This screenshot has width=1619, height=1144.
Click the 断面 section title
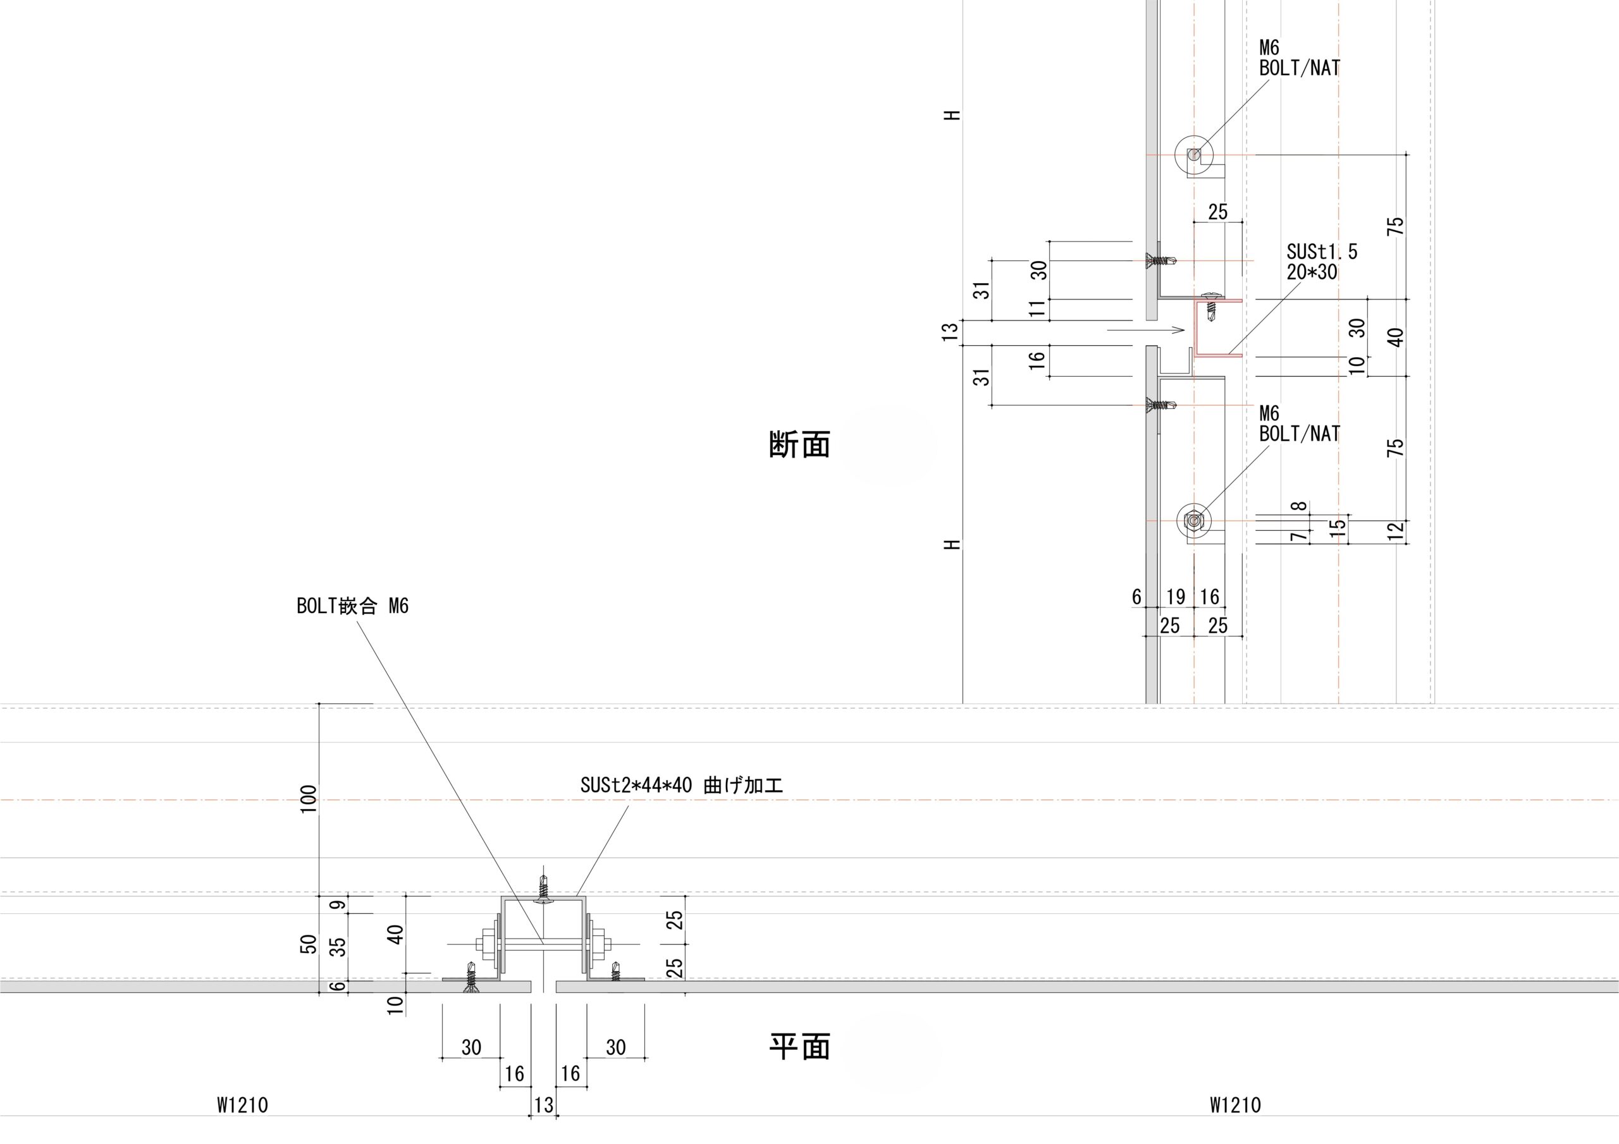pos(799,445)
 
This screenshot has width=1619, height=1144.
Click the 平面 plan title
pos(799,1047)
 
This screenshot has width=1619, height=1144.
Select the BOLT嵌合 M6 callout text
pos(352,606)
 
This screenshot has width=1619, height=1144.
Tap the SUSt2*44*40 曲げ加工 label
pos(681,786)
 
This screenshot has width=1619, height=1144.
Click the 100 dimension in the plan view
pos(309,800)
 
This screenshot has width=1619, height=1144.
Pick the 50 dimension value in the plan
pos(309,944)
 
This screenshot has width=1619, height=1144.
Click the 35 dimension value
pos(339,946)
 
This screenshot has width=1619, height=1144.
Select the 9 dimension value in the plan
pos(339,904)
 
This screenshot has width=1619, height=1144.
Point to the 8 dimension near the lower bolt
pos(1300,506)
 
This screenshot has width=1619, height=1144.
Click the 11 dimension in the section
pos(1037,308)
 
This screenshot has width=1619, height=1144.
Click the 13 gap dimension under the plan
pos(544,1105)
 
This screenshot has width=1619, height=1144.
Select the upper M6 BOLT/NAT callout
pos(1299,58)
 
